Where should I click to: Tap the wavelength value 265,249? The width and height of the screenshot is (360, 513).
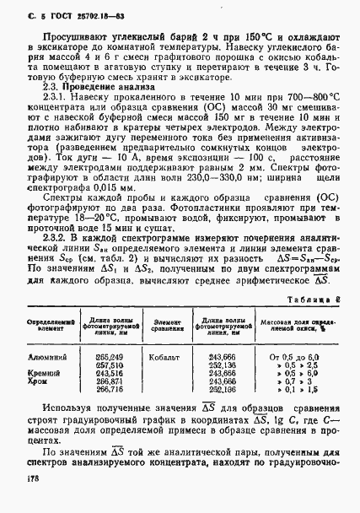(109, 359)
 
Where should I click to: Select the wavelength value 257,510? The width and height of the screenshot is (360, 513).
(109, 366)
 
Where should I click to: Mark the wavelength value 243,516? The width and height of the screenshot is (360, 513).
(109, 374)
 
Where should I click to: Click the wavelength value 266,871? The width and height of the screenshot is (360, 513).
(109, 381)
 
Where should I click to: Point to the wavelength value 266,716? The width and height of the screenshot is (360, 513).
(109, 390)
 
